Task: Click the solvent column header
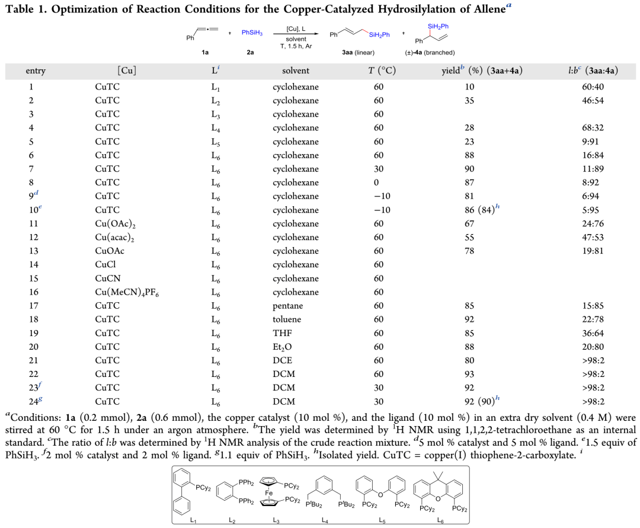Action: click(295, 71)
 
